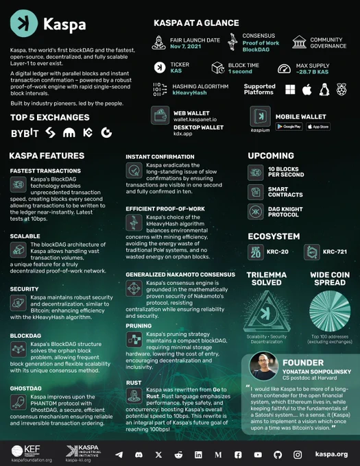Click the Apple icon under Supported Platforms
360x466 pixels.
point(307,89)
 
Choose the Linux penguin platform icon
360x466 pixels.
point(324,89)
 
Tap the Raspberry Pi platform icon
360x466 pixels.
point(340,89)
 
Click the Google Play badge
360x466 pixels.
point(289,126)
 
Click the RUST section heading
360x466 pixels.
point(134,382)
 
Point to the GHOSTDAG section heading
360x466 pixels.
point(26,388)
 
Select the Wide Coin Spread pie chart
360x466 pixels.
point(329,310)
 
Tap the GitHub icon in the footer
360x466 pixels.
point(278,454)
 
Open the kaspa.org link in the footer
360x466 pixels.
point(331,454)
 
